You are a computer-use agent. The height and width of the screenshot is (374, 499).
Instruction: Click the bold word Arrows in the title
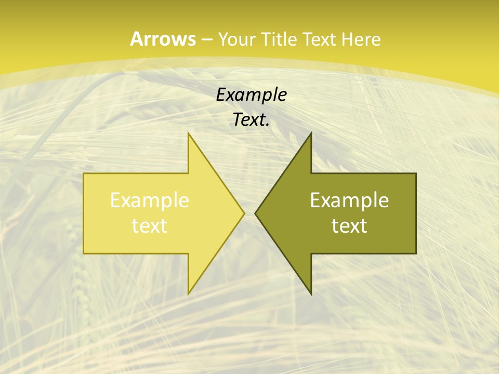click(163, 39)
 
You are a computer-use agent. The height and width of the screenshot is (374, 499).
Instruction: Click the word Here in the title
click(362, 39)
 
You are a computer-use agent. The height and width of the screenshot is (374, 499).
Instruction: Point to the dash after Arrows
click(206, 39)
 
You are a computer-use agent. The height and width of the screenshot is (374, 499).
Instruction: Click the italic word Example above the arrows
click(251, 95)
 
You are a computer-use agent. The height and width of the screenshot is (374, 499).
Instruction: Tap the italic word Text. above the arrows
click(251, 120)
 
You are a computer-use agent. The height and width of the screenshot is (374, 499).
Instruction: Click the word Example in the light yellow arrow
click(150, 201)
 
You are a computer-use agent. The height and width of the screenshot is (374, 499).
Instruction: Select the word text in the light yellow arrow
click(150, 226)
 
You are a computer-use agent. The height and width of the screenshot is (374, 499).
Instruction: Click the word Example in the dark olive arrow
click(349, 201)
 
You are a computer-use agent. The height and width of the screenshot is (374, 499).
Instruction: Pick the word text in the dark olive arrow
click(349, 226)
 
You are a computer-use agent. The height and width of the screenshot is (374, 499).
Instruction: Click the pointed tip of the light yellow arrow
click(244, 213)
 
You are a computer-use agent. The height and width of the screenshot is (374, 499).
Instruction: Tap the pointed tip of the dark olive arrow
click(255, 213)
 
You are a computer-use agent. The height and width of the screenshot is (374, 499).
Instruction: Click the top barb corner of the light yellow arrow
click(189, 133)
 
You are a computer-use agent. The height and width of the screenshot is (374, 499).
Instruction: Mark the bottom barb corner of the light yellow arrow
click(189, 294)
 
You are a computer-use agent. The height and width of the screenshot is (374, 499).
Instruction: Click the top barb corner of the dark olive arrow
click(311, 133)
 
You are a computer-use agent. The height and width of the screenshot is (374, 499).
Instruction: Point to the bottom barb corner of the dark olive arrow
click(311, 294)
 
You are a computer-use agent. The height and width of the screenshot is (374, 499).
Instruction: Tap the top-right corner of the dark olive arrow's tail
click(416, 173)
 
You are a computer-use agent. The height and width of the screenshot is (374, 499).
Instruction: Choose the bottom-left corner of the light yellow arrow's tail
click(84, 253)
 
